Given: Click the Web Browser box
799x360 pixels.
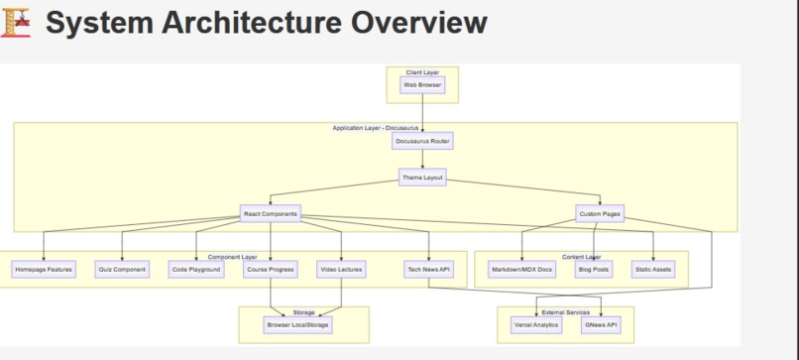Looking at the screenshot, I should (x=423, y=85).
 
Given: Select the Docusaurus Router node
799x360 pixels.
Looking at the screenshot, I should (x=423, y=141).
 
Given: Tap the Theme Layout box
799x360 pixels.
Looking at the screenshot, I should (x=423, y=178).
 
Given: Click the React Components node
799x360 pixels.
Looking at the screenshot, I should (x=271, y=213).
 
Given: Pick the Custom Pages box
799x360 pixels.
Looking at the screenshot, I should (x=600, y=213).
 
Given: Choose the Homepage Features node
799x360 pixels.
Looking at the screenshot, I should (x=44, y=269).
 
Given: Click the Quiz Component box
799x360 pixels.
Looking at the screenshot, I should (x=122, y=269).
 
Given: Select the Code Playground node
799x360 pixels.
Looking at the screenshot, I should (x=196, y=269).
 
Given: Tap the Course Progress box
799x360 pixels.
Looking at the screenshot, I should (x=271, y=269).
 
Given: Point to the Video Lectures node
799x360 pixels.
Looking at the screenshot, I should (x=341, y=269).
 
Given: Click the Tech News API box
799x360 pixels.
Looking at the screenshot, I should (x=429, y=269).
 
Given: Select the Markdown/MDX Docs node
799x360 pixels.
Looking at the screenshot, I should (x=522, y=269).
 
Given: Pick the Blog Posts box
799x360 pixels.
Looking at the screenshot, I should (x=594, y=269).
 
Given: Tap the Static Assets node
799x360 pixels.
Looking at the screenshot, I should (x=653, y=269).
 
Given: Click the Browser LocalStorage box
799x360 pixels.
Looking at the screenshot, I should (x=297, y=324).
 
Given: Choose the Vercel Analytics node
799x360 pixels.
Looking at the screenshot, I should (x=536, y=324).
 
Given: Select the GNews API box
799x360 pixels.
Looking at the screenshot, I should (x=601, y=324).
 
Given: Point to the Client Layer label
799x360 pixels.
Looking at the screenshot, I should (x=423, y=72).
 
